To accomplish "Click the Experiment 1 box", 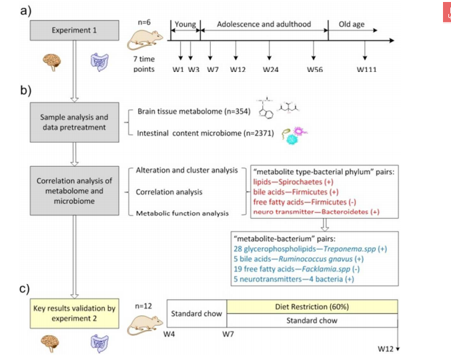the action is click(75, 30).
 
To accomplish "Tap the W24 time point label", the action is click(271, 69).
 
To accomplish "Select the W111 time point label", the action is click(366, 69).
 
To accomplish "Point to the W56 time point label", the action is click(315, 69).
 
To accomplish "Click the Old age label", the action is click(352, 24).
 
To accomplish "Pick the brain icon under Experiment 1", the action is click(52, 62).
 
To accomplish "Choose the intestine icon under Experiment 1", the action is click(99, 62).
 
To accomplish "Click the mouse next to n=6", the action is click(145, 40).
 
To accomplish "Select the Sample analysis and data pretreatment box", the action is click(75, 122).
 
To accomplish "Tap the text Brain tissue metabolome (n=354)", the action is click(194, 111).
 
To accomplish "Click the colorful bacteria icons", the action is click(294, 135).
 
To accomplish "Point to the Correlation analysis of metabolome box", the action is click(75, 191).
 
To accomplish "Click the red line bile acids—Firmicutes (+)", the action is click(296, 192).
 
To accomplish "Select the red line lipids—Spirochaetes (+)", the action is click(293, 182).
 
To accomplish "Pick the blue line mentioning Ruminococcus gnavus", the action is click(299, 259).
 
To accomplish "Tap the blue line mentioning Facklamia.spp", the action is click(296, 269).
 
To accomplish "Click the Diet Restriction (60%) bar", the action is click(312, 307).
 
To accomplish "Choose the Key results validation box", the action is click(75, 313).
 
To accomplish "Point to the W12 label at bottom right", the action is click(386, 349).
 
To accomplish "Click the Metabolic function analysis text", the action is click(182, 213).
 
